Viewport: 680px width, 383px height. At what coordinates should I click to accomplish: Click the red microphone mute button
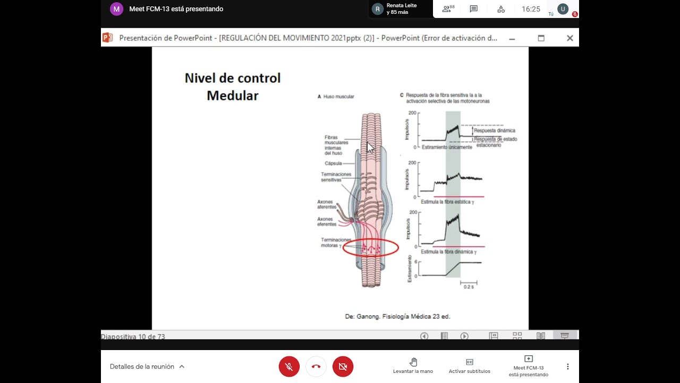pos(289,367)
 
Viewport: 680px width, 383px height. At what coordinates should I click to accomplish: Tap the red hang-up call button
pos(316,367)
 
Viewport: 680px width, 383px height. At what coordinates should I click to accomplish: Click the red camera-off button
pos(343,367)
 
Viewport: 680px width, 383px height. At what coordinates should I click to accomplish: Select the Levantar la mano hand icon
pos(413,362)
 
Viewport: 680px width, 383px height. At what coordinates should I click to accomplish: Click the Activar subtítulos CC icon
pos(469,362)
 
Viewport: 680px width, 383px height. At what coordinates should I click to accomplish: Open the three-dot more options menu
pos(567,367)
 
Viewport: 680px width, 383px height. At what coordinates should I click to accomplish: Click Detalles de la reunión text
pos(142,367)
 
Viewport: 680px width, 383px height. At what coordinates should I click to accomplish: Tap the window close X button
pos(569,38)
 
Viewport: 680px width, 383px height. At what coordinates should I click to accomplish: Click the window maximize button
pos(541,38)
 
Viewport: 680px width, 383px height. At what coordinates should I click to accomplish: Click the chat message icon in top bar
pos(474,9)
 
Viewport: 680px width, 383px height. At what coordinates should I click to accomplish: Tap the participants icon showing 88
pos(448,9)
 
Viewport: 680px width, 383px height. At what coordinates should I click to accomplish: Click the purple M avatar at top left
pos(116,9)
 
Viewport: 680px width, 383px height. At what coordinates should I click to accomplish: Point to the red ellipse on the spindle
pos(371,248)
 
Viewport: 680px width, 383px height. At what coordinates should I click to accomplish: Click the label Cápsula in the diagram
pos(333,163)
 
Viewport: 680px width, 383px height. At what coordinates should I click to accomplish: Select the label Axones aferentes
pos(326,204)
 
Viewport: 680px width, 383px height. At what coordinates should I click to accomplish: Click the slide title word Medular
pos(233,96)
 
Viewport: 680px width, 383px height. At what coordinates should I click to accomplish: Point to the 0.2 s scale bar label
pos(468,287)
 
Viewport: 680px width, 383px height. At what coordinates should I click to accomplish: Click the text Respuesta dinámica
pos(494,130)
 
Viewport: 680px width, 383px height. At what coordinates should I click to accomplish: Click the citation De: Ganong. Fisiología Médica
pos(397,317)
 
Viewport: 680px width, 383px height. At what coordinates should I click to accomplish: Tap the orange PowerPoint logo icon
pos(108,38)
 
